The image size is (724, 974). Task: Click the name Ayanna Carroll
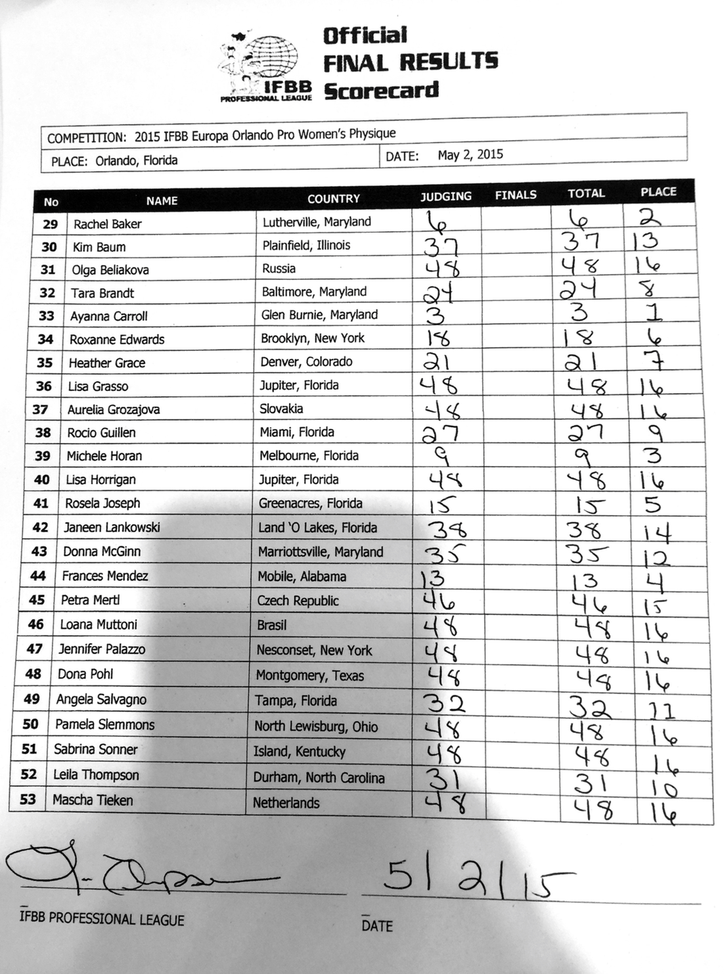(x=108, y=316)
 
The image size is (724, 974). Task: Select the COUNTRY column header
(x=334, y=198)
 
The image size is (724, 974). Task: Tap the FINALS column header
(x=515, y=195)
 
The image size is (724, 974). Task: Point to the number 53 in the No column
(x=28, y=800)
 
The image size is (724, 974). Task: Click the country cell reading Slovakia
(x=281, y=409)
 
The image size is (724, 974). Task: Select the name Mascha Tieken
(x=93, y=800)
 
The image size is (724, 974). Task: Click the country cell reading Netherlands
(x=286, y=803)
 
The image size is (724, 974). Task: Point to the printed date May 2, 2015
(x=470, y=155)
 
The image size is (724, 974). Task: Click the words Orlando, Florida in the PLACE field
(x=136, y=160)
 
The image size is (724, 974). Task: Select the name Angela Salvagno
(x=101, y=699)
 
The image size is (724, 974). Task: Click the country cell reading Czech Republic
(x=298, y=601)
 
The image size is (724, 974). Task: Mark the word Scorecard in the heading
(x=381, y=91)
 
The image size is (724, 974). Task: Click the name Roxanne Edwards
(x=117, y=340)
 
